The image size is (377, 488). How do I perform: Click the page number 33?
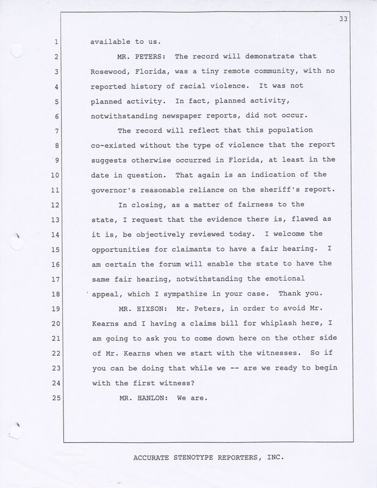click(361, 20)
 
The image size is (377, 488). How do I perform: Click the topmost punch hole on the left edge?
click(17, 51)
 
